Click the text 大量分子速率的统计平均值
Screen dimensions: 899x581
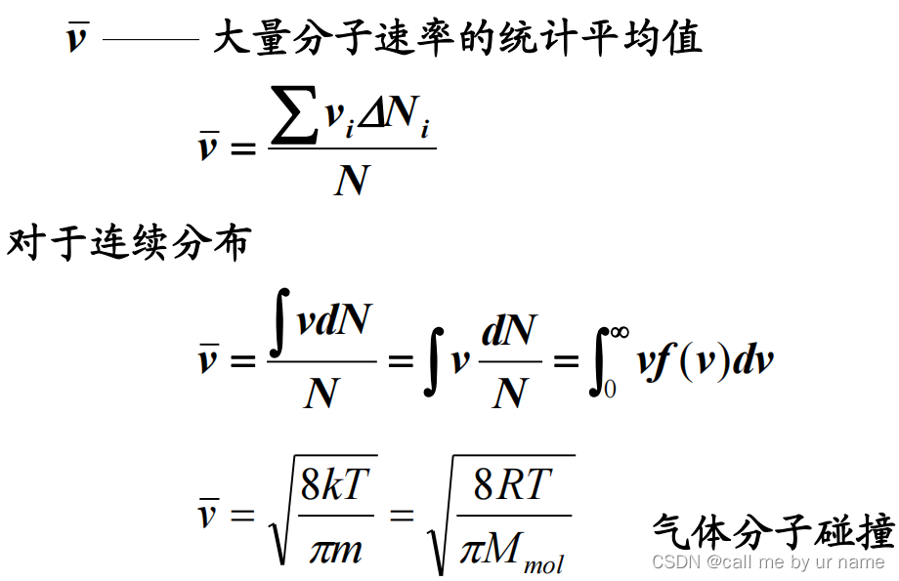[457, 40]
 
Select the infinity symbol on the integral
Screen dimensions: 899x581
[618, 333]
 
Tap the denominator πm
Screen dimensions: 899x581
[335, 549]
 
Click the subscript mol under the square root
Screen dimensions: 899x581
[543, 563]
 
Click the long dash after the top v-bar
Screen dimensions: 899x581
[150, 40]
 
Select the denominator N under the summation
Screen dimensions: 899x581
[352, 180]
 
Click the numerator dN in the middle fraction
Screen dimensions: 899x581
[509, 331]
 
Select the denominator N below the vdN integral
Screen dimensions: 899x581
[321, 393]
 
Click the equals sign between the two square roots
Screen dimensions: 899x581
[402, 515]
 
